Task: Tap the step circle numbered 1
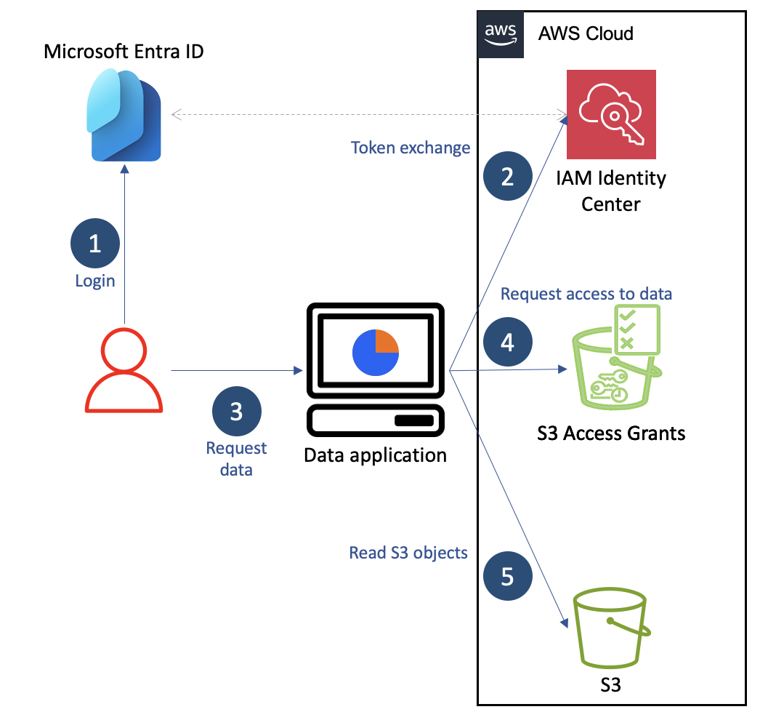click(x=95, y=244)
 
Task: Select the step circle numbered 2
click(x=507, y=177)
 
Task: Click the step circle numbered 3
click(x=236, y=412)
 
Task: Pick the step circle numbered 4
click(x=507, y=342)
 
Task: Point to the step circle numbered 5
click(x=507, y=577)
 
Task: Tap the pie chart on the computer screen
click(x=376, y=352)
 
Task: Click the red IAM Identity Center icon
click(x=611, y=114)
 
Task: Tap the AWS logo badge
click(x=501, y=33)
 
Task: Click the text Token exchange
click(x=411, y=148)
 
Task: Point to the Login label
click(x=95, y=280)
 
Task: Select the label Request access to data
click(x=586, y=293)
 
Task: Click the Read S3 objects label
click(x=408, y=553)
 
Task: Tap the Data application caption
click(x=375, y=456)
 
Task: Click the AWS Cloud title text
click(x=586, y=33)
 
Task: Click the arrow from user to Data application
click(x=236, y=371)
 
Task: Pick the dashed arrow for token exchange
click(x=368, y=114)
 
